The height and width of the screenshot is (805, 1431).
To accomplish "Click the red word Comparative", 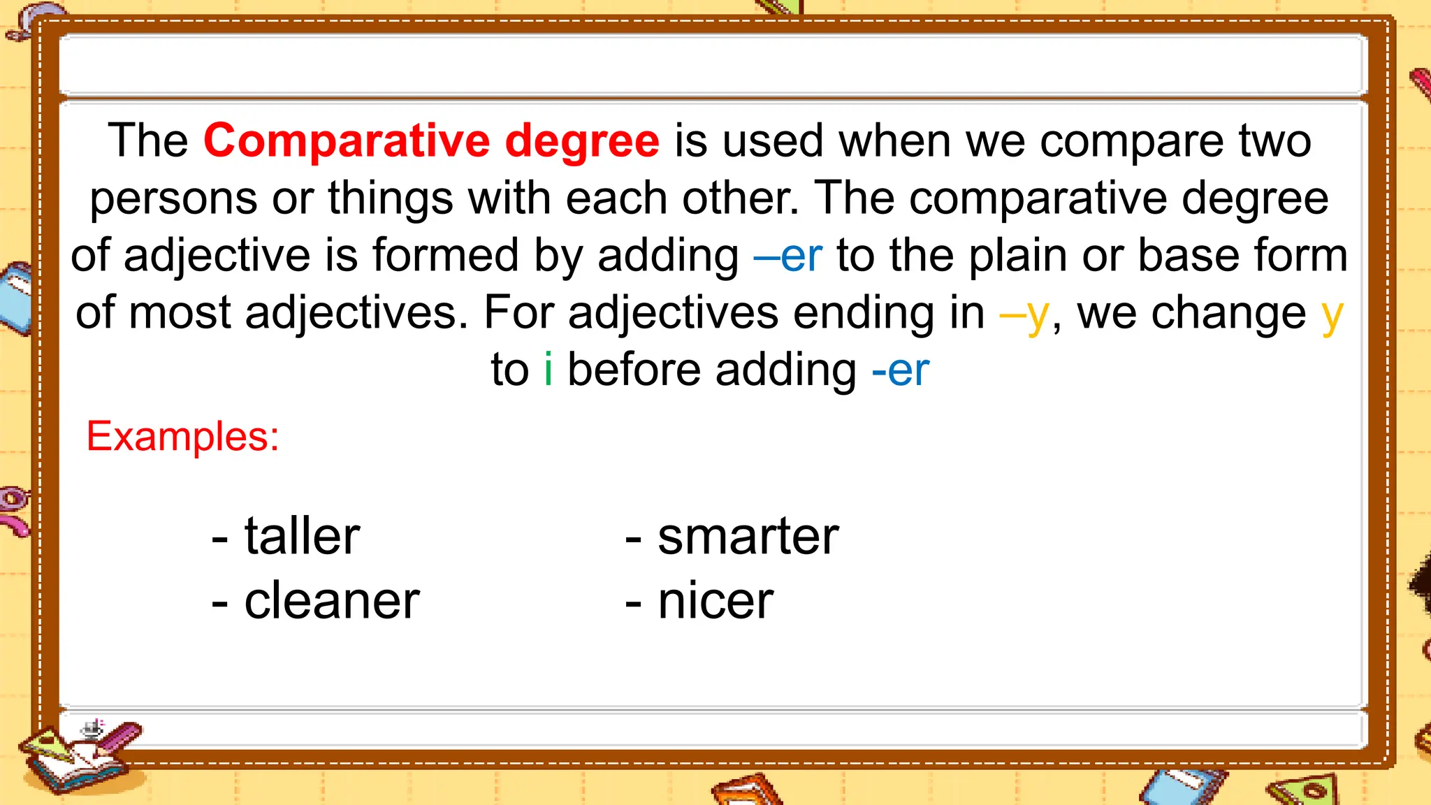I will (347, 141).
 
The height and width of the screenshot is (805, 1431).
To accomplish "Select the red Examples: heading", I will (182, 437).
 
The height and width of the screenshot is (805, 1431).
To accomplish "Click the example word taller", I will (302, 537).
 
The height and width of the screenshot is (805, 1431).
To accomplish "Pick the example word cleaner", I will (332, 601).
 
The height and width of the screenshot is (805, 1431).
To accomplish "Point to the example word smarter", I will (748, 537).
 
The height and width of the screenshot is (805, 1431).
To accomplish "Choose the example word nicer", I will (715, 601).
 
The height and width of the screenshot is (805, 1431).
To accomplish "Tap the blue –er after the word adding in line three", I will (788, 256).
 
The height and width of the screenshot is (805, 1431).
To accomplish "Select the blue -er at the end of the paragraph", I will (901, 370).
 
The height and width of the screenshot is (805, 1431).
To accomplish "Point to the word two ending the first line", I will (1275, 141).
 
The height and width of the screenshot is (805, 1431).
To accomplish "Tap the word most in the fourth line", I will (179, 313).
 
